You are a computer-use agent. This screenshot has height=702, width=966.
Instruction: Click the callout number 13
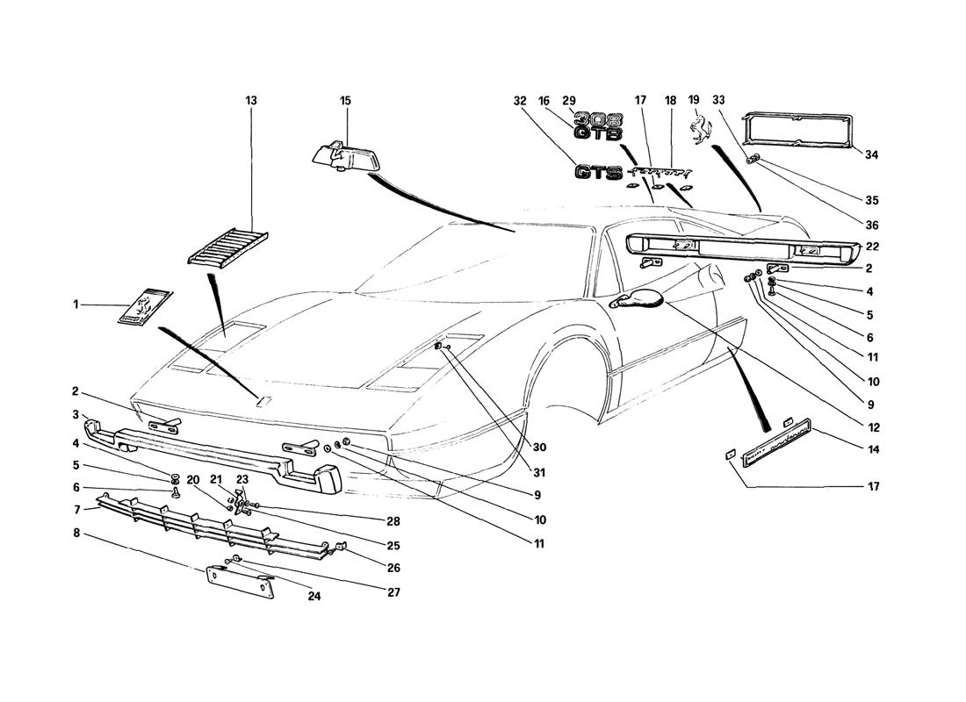(x=251, y=101)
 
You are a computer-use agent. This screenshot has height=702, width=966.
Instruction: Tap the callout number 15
(x=345, y=101)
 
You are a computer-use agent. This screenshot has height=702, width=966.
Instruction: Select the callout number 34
(x=870, y=155)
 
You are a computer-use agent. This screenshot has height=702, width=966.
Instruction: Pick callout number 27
(x=393, y=592)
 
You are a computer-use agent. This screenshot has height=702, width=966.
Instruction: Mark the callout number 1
(x=76, y=304)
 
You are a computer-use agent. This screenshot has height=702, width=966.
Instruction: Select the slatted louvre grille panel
(x=228, y=245)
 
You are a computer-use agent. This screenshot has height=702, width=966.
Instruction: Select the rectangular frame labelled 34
(x=798, y=132)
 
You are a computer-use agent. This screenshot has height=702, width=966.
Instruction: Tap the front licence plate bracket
(x=240, y=581)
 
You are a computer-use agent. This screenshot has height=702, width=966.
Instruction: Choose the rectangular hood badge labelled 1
(x=146, y=308)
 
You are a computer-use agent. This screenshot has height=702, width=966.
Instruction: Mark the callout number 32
(x=519, y=101)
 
